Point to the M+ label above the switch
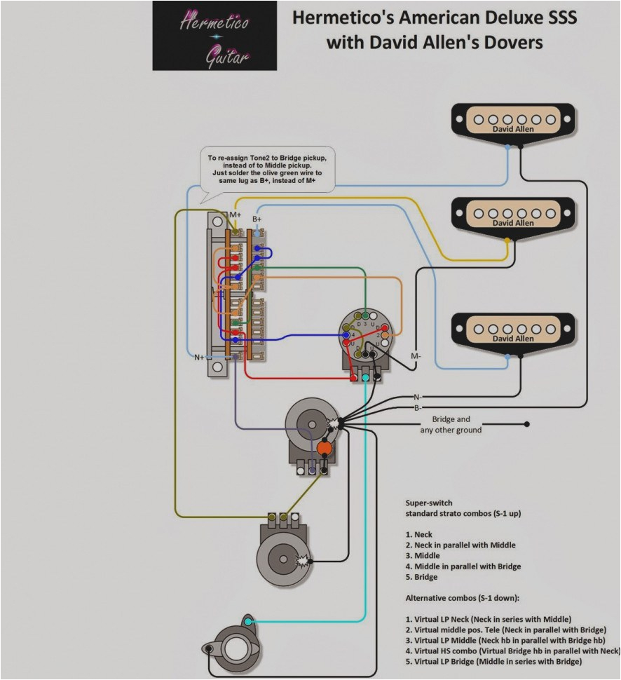pyautogui.click(x=235, y=214)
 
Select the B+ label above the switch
pyautogui.click(x=257, y=219)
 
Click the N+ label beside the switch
pyautogui.click(x=200, y=357)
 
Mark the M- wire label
pyautogui.click(x=416, y=356)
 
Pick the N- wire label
pyautogui.click(x=417, y=397)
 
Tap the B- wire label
pyautogui.click(x=417, y=407)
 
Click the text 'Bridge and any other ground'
pyautogui.click(x=451, y=424)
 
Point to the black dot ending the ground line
pyautogui.click(x=527, y=424)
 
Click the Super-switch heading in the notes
pyautogui.click(x=428, y=503)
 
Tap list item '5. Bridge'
pyautogui.click(x=421, y=577)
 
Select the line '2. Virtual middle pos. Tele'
pyautogui.click(x=502, y=630)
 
